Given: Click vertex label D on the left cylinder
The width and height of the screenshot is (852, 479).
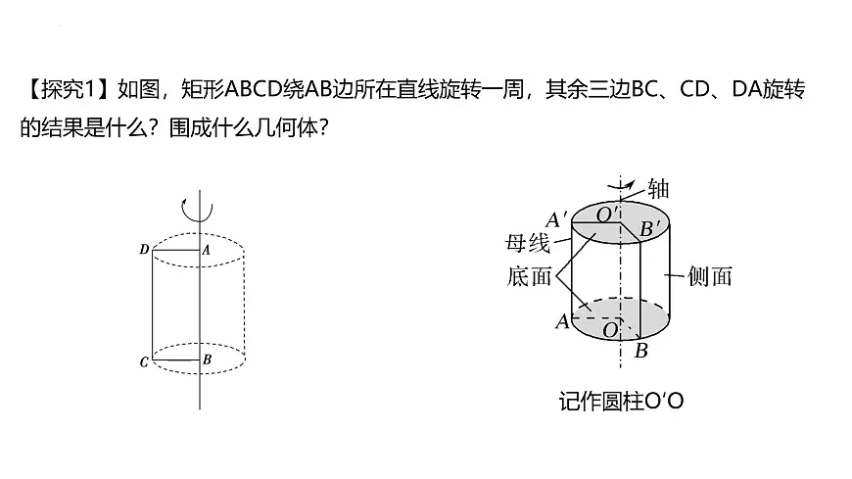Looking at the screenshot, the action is click(x=144, y=250).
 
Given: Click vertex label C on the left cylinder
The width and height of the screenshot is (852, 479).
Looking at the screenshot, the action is click(x=144, y=362).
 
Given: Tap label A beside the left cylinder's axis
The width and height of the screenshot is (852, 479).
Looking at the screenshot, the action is click(x=206, y=250).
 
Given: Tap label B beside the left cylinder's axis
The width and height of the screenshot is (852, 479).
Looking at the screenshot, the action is click(x=207, y=359).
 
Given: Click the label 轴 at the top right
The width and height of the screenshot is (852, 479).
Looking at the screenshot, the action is click(x=658, y=189).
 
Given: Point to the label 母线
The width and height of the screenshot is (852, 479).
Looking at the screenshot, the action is click(x=528, y=243).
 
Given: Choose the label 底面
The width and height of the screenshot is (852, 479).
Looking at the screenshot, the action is click(x=529, y=276).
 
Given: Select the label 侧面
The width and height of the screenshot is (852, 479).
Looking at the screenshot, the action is click(x=710, y=276).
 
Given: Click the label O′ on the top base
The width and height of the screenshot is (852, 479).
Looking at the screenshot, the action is click(x=607, y=215).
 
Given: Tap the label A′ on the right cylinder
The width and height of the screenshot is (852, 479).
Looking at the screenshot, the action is click(x=556, y=219).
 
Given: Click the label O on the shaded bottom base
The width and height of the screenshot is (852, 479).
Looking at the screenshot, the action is click(x=611, y=329).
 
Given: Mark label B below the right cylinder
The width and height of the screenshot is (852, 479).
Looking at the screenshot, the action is click(x=641, y=351).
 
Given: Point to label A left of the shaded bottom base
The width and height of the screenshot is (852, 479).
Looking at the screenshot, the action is click(x=562, y=321).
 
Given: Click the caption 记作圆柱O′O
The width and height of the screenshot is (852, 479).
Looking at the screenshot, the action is click(x=621, y=402).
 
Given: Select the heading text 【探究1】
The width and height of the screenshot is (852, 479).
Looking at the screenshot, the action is click(x=67, y=90).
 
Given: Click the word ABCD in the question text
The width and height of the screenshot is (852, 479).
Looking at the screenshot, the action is click(x=254, y=90).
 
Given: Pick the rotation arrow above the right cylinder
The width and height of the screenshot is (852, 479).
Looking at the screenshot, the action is click(x=621, y=186).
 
